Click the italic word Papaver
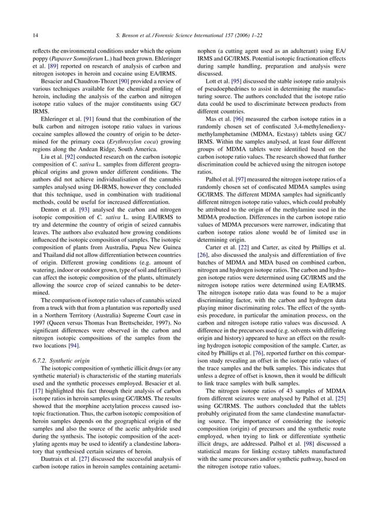pos(63,59)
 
